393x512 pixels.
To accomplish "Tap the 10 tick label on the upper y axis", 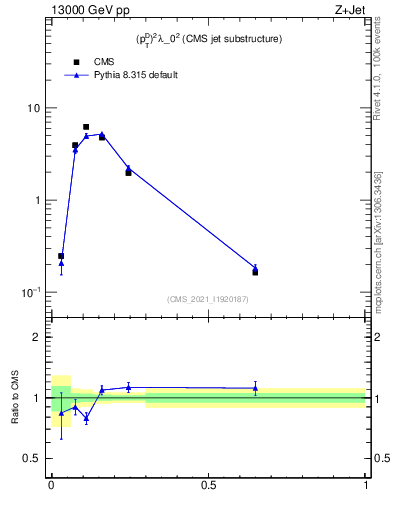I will tap(34, 108).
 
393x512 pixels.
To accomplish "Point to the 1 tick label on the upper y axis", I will tap(37, 200).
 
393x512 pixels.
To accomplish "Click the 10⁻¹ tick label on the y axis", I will tap(32, 292).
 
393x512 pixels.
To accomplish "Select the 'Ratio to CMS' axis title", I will tap(14, 398).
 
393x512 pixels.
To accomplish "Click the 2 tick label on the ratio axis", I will tap(37, 337).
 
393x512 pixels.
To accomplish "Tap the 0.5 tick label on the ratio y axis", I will tap(33, 458).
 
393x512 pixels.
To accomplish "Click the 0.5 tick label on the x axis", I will tap(208, 485).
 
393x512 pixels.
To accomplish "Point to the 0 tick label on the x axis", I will tap(51, 485).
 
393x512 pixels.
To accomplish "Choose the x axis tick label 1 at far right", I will tap(366, 485).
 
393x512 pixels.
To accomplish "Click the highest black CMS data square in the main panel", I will tap(86, 127).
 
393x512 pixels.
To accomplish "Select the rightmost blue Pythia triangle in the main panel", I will tap(255, 268).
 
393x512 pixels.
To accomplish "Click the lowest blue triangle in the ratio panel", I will tap(86, 418).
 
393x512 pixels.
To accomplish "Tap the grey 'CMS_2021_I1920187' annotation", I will tap(208, 299).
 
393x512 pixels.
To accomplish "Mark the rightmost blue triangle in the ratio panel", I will tap(255, 387).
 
